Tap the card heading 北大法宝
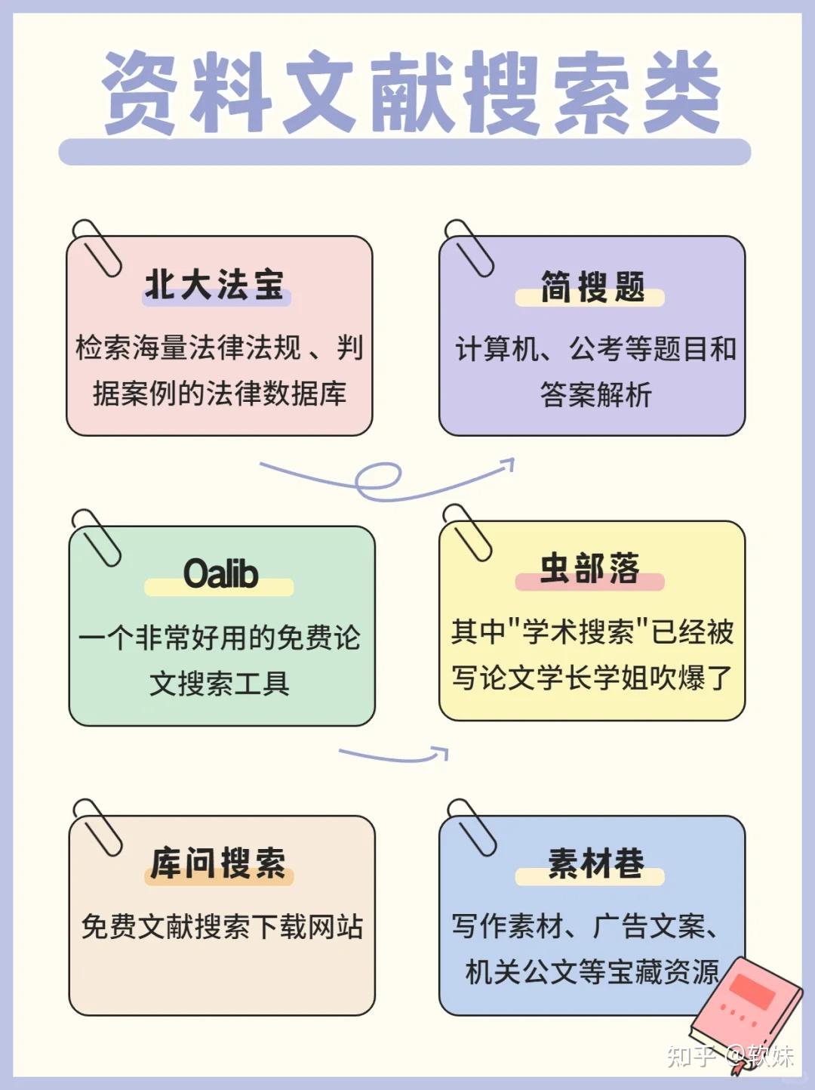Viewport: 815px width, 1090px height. pos(215,286)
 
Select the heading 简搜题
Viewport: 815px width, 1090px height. pos(592,288)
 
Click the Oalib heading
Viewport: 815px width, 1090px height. pos(220,573)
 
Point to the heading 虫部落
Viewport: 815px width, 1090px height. pos(589,569)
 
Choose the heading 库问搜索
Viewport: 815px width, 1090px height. pos(218,863)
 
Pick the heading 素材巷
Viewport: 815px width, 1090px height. pos(595,863)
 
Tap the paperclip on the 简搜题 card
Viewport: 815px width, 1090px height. pos(469,247)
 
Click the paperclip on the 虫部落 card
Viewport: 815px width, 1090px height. pos(467,532)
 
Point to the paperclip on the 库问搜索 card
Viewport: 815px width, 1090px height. pos(97,826)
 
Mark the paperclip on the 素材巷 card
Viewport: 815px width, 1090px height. pos(471,826)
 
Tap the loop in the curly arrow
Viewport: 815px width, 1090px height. pos(378,479)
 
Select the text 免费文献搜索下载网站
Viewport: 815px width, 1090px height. pos(222,927)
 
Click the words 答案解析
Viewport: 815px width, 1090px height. pos(595,394)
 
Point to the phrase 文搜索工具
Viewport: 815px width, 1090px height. pos(220,684)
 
